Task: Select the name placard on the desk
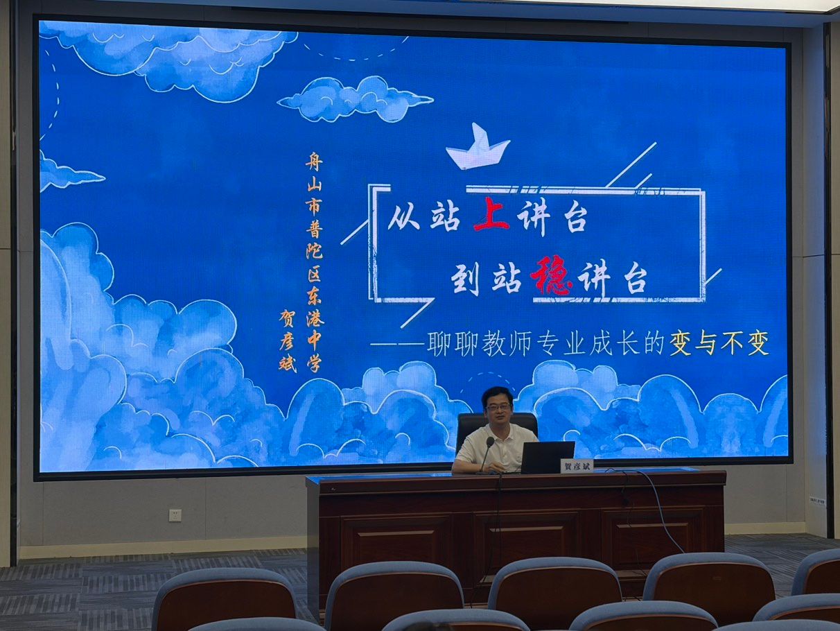pyautogui.click(x=575, y=467)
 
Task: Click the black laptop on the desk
pyautogui.click(x=548, y=457)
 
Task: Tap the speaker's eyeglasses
pyautogui.click(x=498, y=407)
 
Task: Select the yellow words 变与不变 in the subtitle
pyautogui.click(x=719, y=343)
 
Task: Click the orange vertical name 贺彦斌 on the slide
pyautogui.click(x=288, y=340)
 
